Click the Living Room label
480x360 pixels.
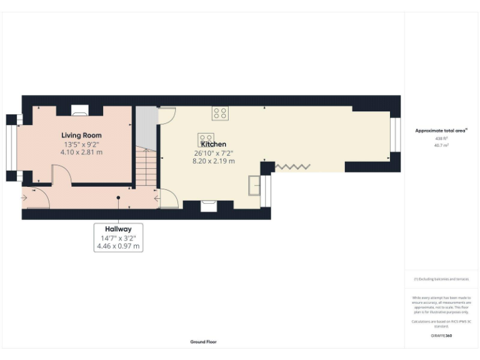[x=81, y=135]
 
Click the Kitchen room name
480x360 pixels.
[x=213, y=144]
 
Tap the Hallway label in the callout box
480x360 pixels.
[x=118, y=229]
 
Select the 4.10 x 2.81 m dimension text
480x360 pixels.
[x=81, y=152]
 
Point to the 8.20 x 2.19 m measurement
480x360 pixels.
[x=213, y=161]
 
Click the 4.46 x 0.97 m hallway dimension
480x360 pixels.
[x=118, y=246]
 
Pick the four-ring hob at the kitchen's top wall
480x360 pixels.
[x=220, y=113]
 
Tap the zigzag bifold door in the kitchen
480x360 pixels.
[x=292, y=166]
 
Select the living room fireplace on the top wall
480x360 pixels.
[x=79, y=111]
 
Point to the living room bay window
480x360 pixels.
[x=11, y=144]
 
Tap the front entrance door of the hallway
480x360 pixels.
[x=36, y=198]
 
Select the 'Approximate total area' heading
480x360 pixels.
[x=432, y=131]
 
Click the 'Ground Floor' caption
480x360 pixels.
[x=204, y=342]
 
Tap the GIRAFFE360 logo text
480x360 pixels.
[x=441, y=336]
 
